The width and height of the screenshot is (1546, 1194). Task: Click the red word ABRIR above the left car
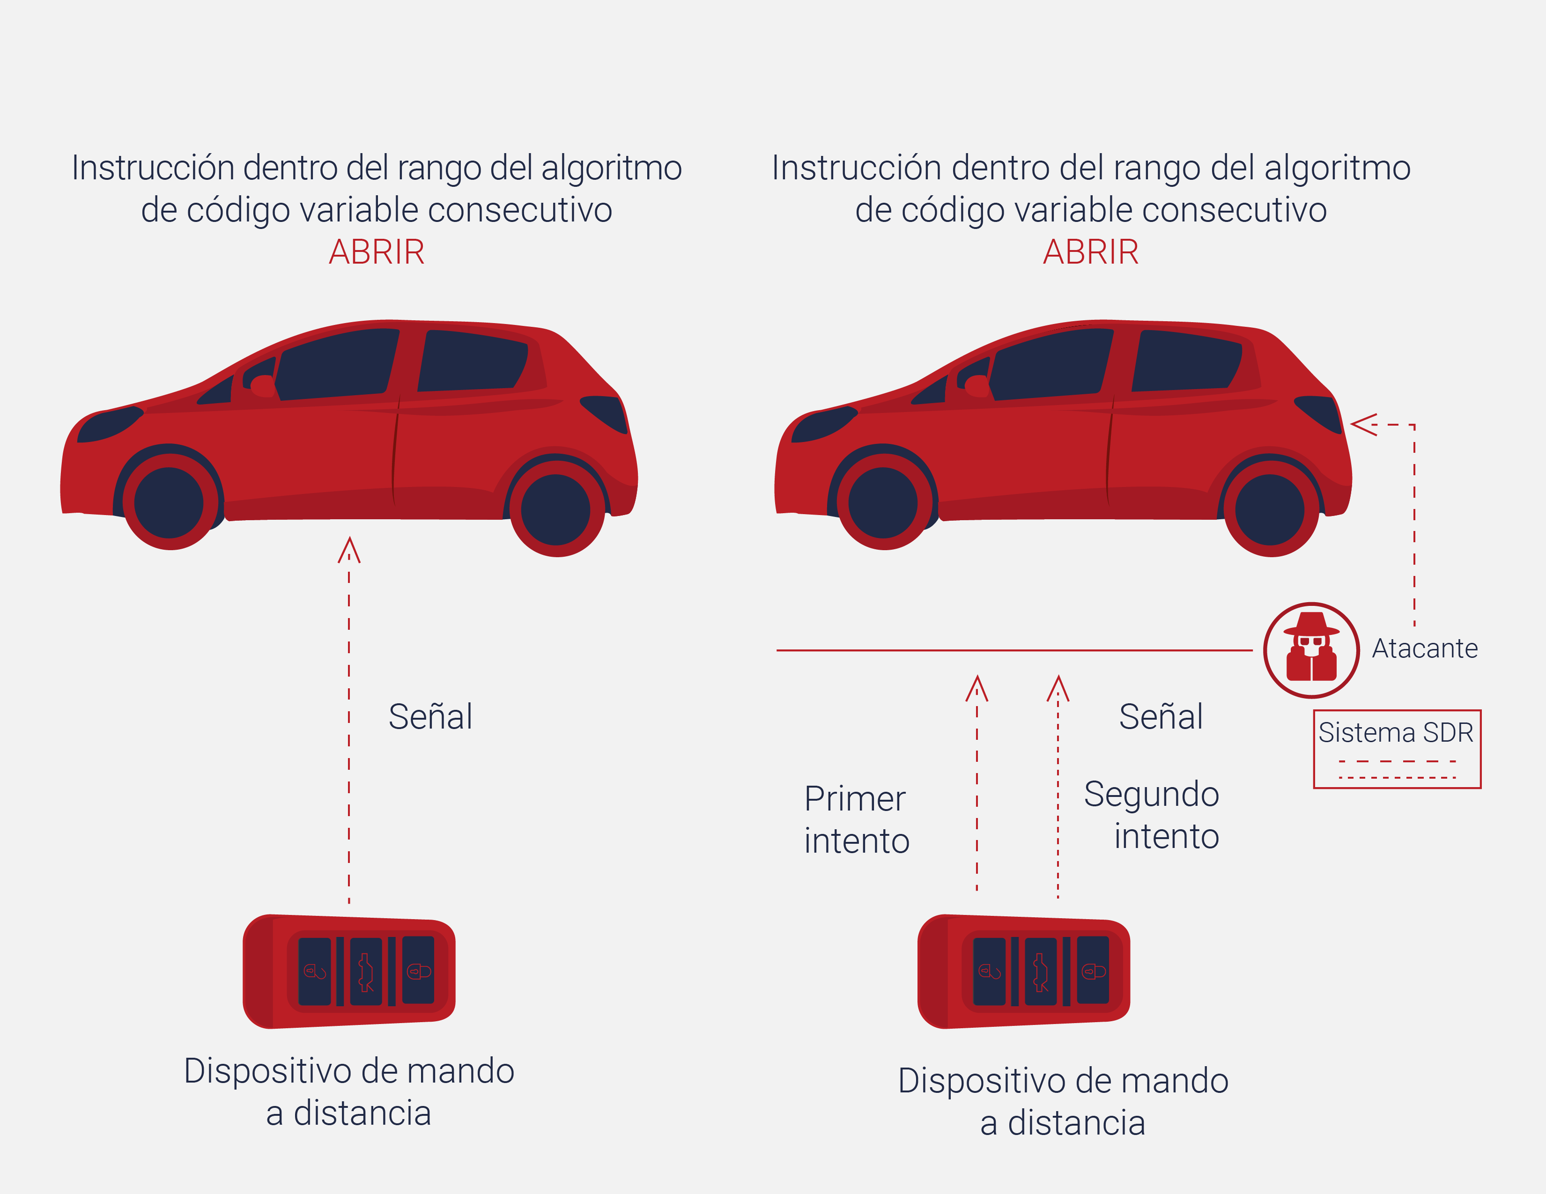point(377,252)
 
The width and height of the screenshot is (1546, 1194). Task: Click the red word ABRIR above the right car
point(1091,252)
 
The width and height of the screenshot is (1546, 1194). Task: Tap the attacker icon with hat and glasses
point(1311,650)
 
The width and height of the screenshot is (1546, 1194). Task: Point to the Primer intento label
point(857,819)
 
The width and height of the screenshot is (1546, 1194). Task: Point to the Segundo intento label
point(1152,815)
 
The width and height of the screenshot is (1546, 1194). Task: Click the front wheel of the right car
point(883,502)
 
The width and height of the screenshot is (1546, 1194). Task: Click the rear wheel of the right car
point(1271,509)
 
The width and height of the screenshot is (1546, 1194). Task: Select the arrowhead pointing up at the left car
point(349,550)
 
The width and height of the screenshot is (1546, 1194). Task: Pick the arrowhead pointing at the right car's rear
point(1363,425)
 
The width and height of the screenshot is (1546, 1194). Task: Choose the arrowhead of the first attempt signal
point(977,688)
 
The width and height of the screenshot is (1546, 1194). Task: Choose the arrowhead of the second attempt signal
point(1058,688)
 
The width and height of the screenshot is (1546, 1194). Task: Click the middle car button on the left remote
point(366,972)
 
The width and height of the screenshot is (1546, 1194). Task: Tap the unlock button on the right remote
point(990,972)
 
